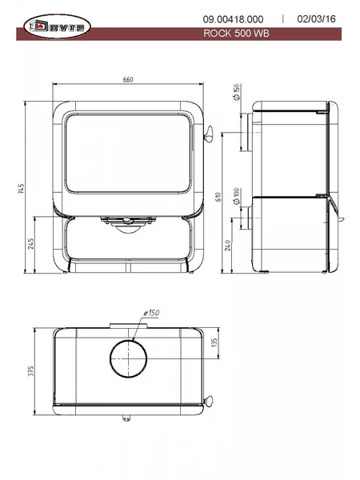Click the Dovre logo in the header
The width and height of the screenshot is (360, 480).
(57, 26)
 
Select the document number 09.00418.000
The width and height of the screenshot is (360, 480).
(233, 19)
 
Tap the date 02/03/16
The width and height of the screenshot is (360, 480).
(316, 19)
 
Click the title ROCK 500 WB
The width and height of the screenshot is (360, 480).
(236, 33)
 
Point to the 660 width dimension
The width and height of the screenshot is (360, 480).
(128, 79)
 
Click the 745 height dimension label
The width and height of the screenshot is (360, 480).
(21, 189)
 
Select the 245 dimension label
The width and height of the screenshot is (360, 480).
(31, 244)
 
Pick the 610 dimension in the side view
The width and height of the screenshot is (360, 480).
(218, 197)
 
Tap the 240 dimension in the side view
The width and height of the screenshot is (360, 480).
(228, 246)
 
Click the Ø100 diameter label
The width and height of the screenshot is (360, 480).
(236, 196)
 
